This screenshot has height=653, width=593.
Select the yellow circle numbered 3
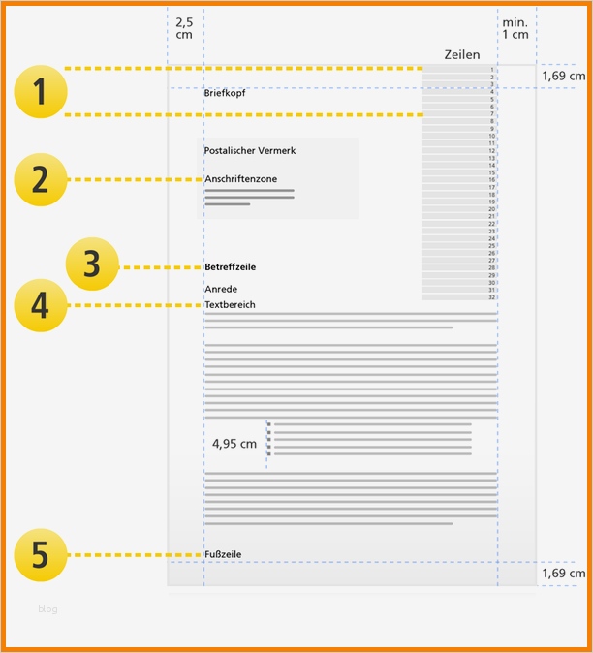(92, 265)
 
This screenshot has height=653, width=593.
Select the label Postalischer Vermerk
(250, 151)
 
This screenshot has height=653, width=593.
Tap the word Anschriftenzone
(240, 179)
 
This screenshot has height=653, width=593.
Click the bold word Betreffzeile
(231, 266)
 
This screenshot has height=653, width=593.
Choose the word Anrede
(221, 289)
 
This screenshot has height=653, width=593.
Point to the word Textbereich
(231, 305)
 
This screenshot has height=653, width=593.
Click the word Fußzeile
(223, 554)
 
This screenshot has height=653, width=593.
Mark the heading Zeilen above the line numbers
(461, 55)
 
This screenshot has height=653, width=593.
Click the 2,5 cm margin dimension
(184, 27)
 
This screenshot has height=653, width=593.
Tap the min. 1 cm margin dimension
(515, 27)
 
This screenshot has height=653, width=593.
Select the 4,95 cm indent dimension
(234, 444)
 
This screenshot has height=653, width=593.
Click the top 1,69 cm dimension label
(564, 76)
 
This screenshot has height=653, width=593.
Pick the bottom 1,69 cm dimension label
(564, 574)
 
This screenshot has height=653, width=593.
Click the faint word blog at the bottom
(47, 609)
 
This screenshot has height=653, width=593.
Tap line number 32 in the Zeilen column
(492, 296)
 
